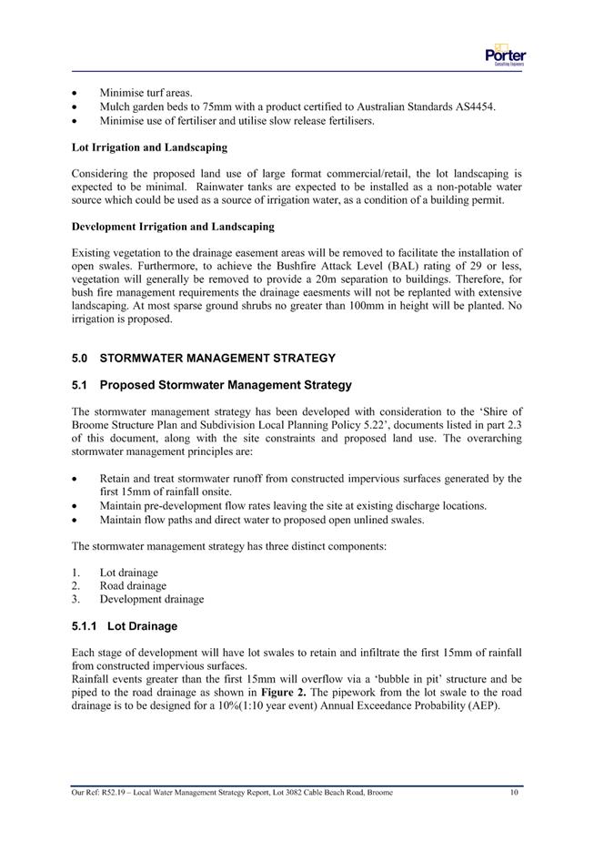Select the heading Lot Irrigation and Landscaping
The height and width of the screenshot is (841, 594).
[149, 147]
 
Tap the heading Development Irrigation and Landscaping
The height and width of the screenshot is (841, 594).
[173, 226]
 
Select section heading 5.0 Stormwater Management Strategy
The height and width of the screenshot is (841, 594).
[203, 358]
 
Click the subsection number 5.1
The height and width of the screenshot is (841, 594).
[79, 385]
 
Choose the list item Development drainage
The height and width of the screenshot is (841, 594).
[152, 599]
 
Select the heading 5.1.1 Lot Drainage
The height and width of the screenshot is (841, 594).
[124, 626]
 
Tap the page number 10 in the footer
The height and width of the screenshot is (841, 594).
[514, 793]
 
